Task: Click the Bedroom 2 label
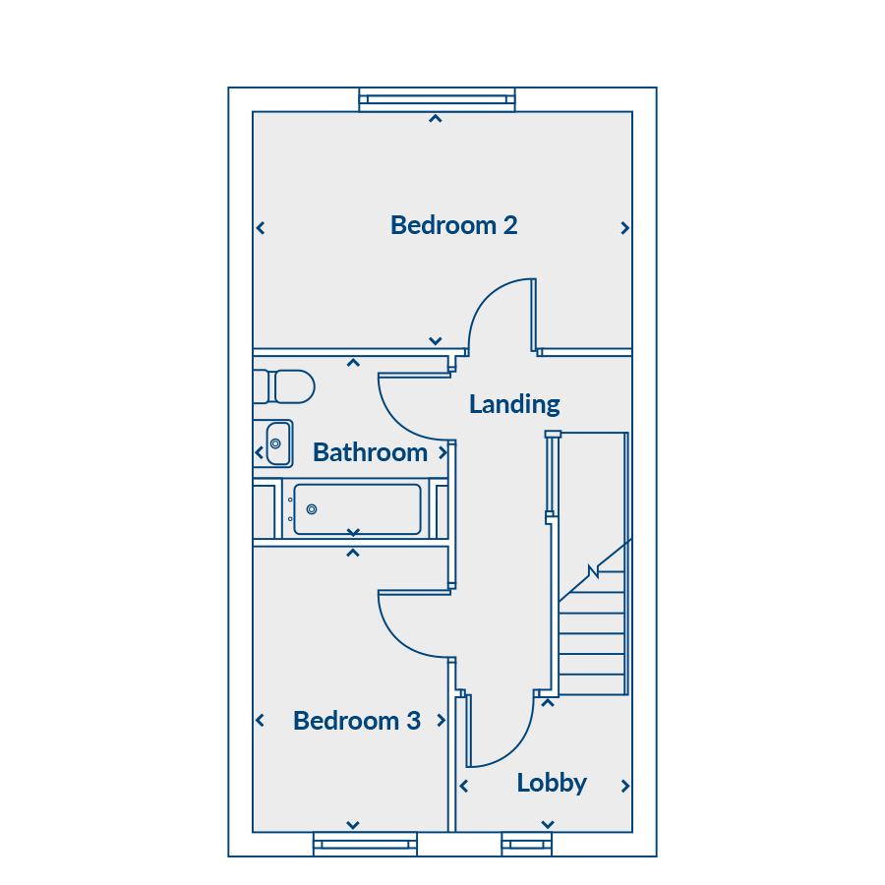[x=453, y=225]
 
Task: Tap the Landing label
[x=514, y=405]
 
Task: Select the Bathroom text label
[x=370, y=452]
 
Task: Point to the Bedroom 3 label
[x=357, y=721]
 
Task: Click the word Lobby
[x=552, y=784]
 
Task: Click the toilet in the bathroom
[x=284, y=386]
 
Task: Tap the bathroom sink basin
[x=278, y=443]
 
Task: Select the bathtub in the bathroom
[x=357, y=508]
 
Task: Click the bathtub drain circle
[x=312, y=509]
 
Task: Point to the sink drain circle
[x=275, y=443]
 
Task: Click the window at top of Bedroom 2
[x=437, y=100]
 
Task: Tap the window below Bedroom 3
[x=365, y=845]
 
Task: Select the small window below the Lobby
[x=527, y=845]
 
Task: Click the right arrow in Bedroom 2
[x=624, y=228]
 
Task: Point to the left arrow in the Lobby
[x=463, y=786]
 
